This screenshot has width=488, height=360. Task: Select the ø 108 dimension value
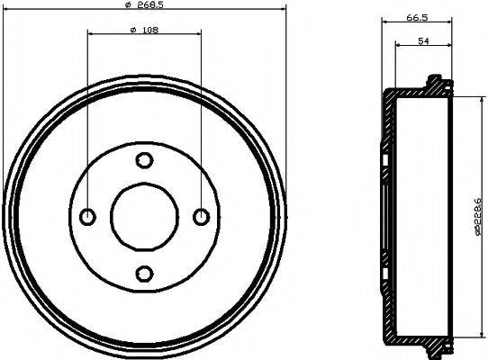144,32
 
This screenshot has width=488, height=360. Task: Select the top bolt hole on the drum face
144,160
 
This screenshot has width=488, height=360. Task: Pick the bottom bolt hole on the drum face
144,272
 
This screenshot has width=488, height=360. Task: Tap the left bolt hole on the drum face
88,216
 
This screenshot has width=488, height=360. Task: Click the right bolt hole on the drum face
201,216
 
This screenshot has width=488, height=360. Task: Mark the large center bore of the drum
144,216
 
